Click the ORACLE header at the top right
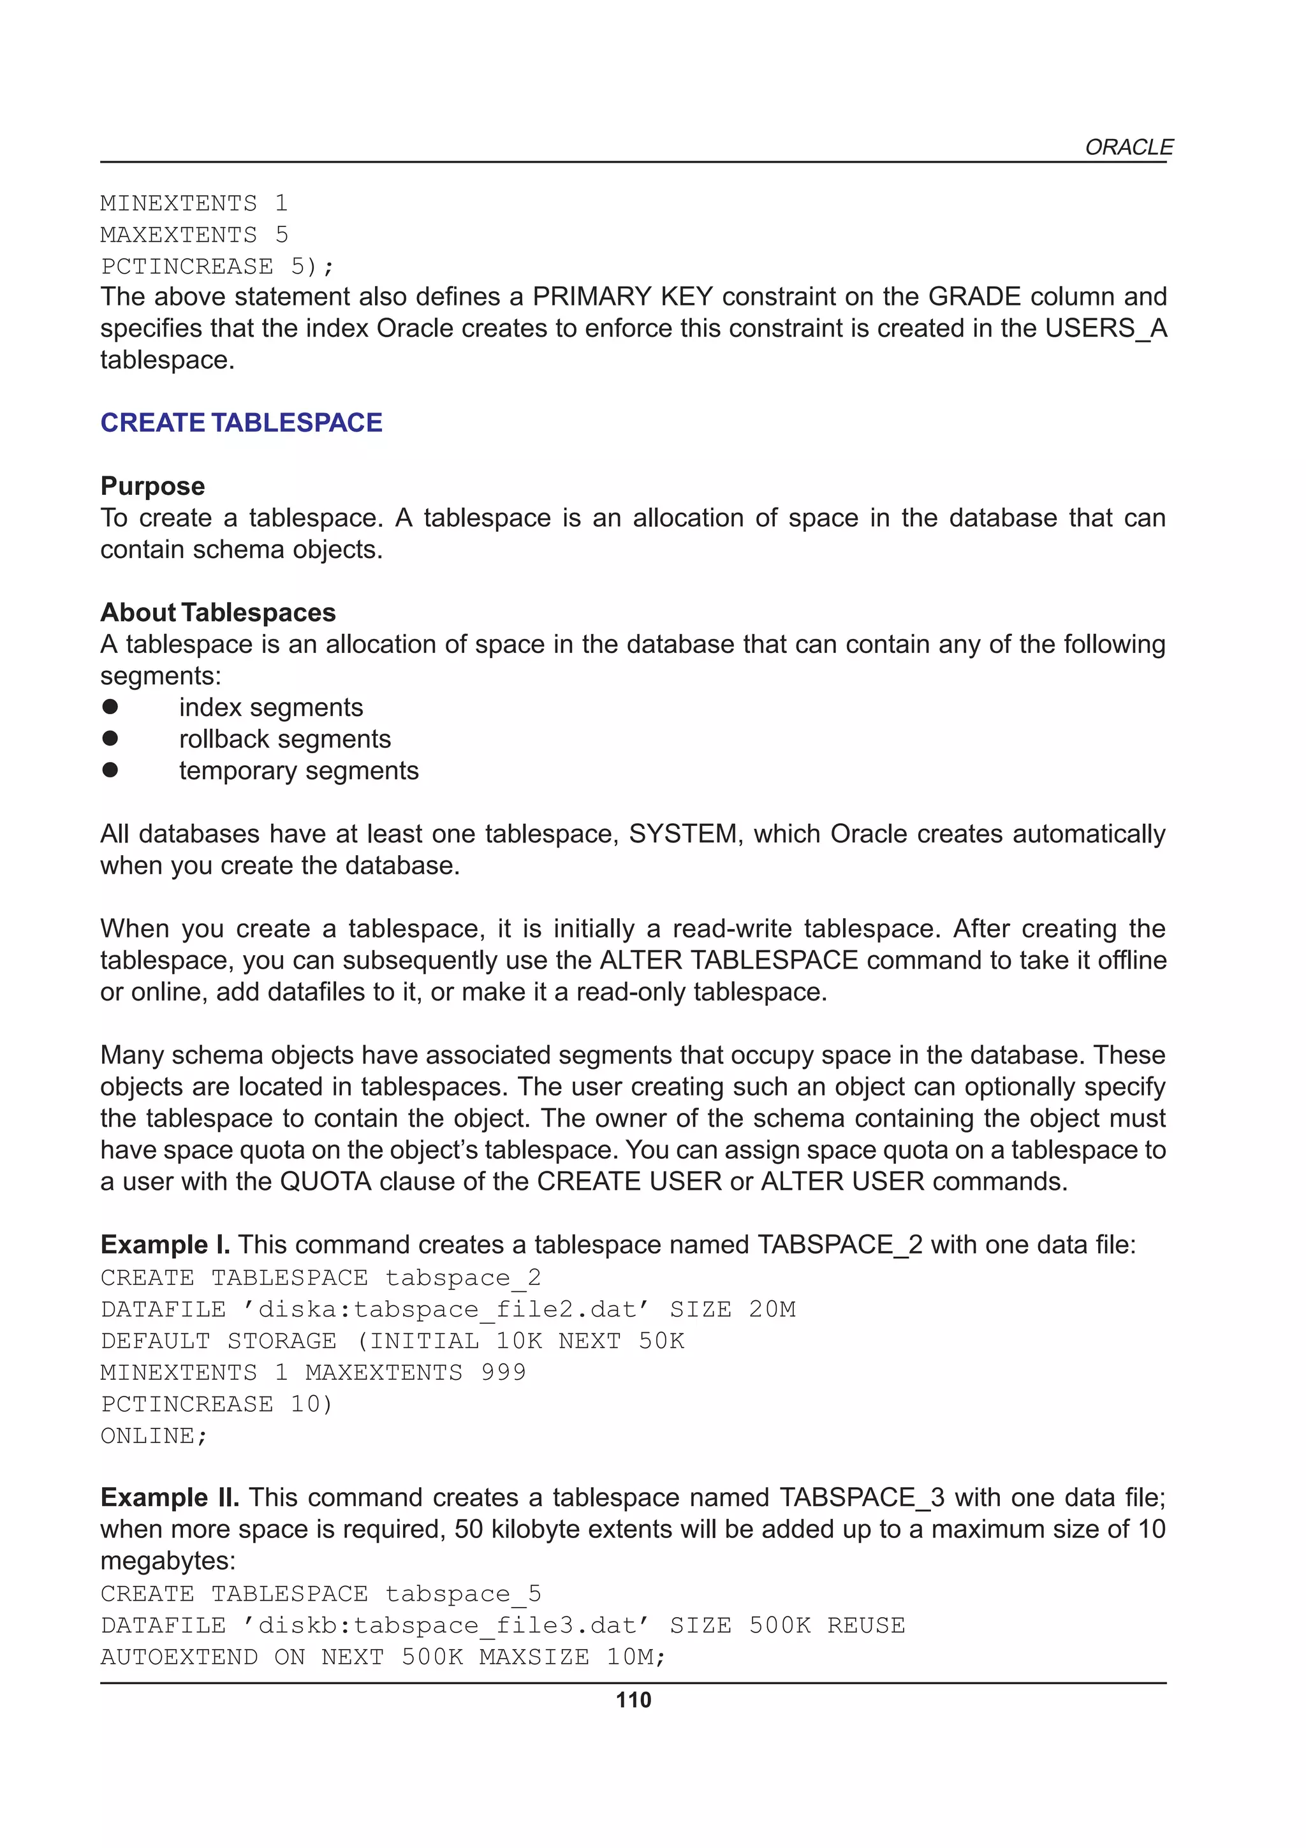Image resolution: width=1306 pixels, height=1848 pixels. point(1128,147)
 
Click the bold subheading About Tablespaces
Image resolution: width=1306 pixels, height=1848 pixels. point(217,613)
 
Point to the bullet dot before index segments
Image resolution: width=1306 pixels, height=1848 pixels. point(110,707)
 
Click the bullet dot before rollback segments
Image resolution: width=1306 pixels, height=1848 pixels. point(110,738)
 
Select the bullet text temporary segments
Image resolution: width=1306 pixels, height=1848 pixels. point(298,770)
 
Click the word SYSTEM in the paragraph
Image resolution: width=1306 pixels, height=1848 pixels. point(682,834)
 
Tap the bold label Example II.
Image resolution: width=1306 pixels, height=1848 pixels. point(169,1497)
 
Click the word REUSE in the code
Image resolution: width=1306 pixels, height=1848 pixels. point(866,1625)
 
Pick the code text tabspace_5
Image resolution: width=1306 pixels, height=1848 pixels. point(463,1594)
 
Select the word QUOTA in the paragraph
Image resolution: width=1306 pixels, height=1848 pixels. point(325,1181)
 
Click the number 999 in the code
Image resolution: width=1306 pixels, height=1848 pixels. point(503,1372)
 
